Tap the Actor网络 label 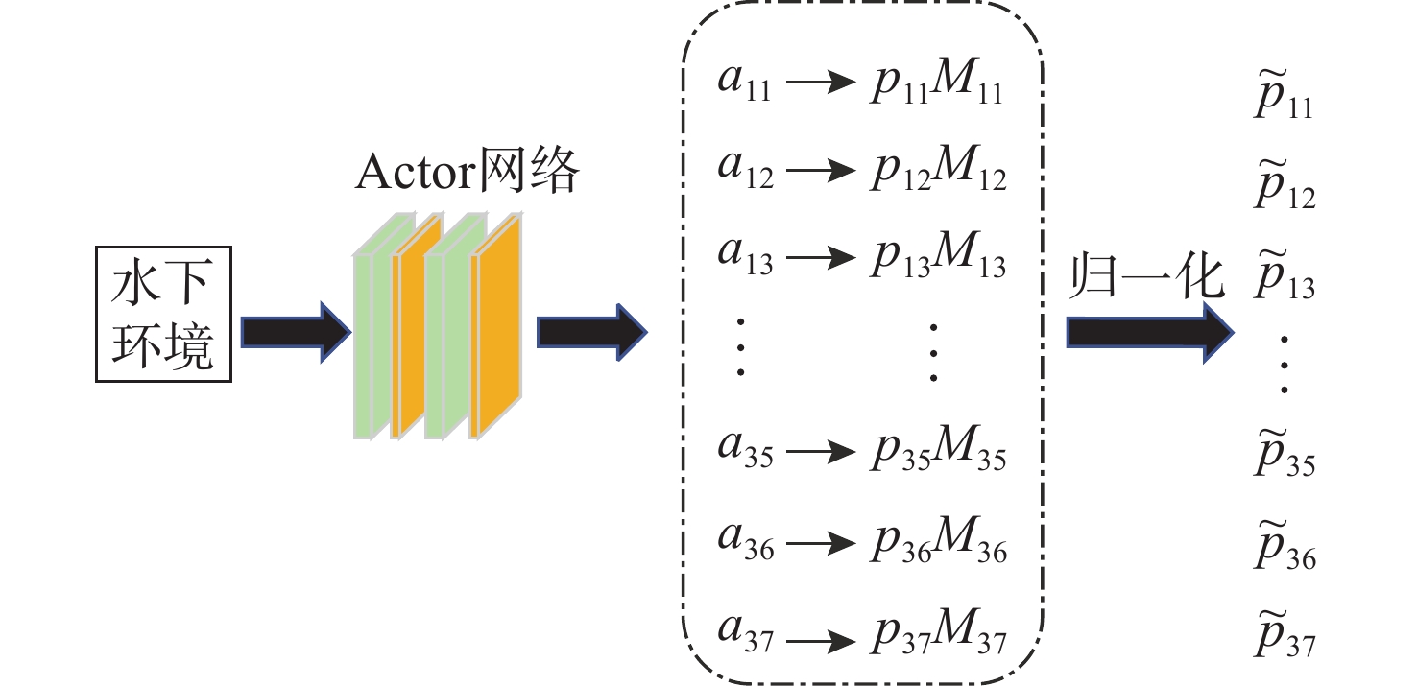point(468,174)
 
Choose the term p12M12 point(937,173)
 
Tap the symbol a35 point(745,450)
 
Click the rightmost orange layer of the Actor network point(496,331)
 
